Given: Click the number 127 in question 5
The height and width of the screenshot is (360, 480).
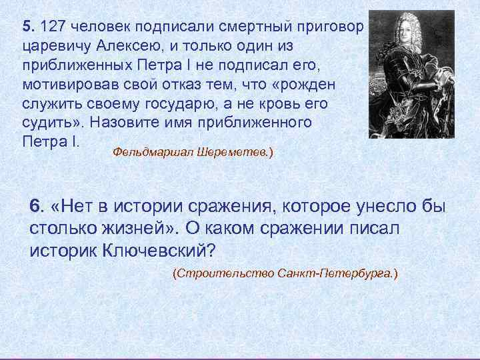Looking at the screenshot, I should coord(53,27).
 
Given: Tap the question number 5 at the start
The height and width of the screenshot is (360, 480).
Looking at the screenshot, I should coord(26,27).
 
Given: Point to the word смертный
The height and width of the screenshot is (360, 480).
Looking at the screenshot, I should coord(251,27).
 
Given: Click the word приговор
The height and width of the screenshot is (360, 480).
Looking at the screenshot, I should coord(330,27).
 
